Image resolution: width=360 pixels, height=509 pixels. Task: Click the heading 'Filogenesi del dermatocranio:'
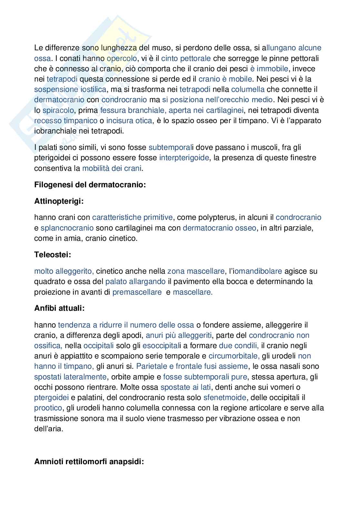pyautogui.click(x=90, y=185)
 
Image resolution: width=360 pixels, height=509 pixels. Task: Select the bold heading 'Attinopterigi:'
pyautogui.click(x=59, y=201)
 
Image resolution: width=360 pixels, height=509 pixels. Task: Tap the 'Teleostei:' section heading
pyautogui.click(x=53, y=255)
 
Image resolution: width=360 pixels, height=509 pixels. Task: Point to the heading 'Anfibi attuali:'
pyautogui.click(x=59, y=308)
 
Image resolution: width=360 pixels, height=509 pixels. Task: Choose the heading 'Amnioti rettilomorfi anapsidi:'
pyautogui.click(x=89, y=462)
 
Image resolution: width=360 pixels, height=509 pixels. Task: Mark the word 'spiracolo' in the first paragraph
pyautogui.click(x=58, y=110)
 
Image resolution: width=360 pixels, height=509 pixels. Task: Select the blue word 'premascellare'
pyautogui.click(x=137, y=292)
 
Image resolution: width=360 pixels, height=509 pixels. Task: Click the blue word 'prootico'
pyautogui.click(x=48, y=408)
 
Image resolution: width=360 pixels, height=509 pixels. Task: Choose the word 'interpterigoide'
pyautogui.click(x=184, y=158)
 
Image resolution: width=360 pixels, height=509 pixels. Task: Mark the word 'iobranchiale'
pyautogui.click(x=55, y=131)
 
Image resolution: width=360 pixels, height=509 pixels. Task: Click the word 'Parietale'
pyautogui.click(x=151, y=366)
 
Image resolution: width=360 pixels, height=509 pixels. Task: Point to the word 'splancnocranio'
pyautogui.click(x=67, y=228)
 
